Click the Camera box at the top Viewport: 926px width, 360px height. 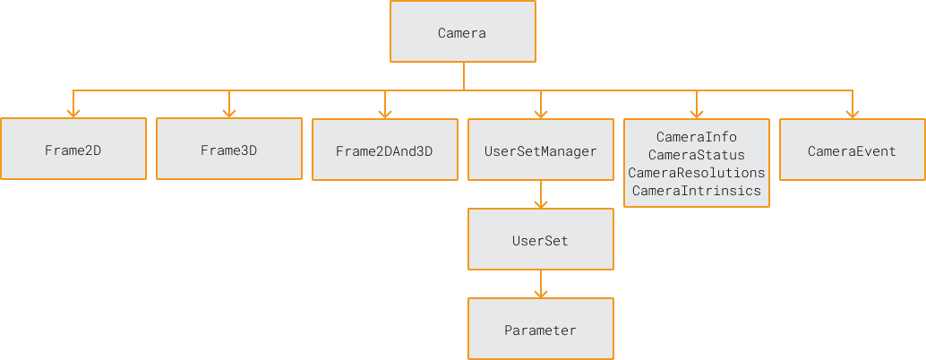pos(462,32)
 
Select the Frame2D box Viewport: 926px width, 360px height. pos(73,150)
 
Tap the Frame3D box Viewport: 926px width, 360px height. pos(228,150)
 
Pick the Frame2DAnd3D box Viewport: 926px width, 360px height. pos(384,150)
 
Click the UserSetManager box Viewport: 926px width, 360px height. pos(540,150)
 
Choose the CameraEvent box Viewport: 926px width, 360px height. pos(852,150)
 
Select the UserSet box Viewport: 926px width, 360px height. pos(540,240)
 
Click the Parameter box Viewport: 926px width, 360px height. pos(540,330)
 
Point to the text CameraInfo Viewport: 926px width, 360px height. pos(696,137)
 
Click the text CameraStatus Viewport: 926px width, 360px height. pos(696,155)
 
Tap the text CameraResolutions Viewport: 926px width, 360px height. pos(696,172)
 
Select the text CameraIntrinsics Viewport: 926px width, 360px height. pos(696,190)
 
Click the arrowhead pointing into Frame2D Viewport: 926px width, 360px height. pos(73,113)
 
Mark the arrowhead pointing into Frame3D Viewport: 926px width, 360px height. pos(229,113)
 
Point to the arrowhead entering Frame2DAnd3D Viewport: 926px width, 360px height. pos(385,113)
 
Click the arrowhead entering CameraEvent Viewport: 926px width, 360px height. pos(853,113)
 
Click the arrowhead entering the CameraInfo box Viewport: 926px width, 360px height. pos(697,113)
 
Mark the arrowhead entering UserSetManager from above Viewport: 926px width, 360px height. pos(541,113)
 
